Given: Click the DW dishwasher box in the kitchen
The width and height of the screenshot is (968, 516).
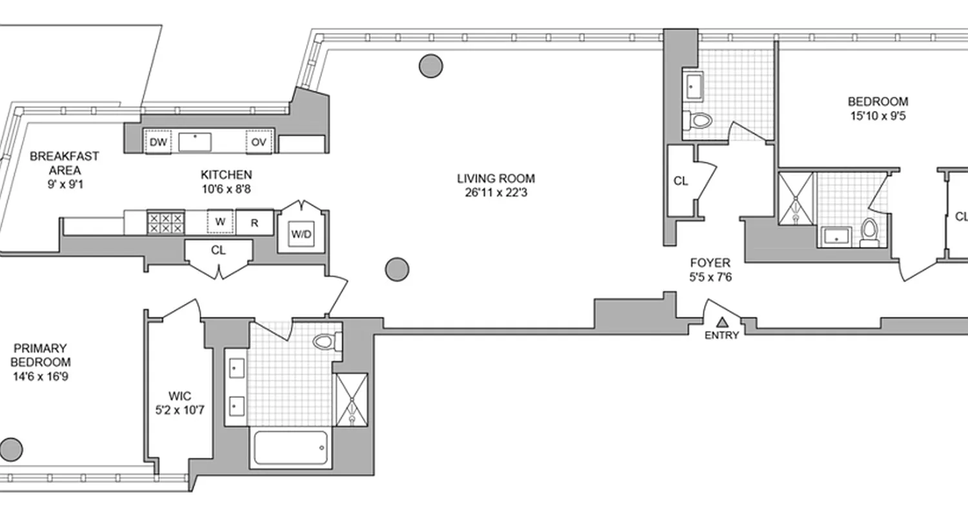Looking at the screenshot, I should point(157,142).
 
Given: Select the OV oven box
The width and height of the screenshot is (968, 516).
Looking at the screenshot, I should point(259,142).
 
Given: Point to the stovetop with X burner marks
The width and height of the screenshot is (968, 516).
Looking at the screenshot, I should point(166,223).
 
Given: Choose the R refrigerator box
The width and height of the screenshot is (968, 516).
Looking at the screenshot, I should point(254,223).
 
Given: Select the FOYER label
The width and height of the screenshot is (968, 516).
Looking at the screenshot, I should point(710,263).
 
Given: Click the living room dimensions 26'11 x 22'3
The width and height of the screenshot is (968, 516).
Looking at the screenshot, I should point(496,192).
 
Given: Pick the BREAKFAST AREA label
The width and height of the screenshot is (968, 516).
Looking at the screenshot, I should point(64,163).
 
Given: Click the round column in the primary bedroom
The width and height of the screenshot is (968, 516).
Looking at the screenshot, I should point(12,448).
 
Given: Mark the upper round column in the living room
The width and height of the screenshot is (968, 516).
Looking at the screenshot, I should point(431,65).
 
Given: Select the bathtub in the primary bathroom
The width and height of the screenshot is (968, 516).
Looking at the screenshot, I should point(290,447).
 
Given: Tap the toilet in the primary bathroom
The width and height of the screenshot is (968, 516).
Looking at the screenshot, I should point(327,341).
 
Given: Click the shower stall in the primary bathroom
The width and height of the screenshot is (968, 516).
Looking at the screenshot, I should point(352,399).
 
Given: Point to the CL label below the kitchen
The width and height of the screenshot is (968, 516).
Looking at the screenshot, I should point(218,250).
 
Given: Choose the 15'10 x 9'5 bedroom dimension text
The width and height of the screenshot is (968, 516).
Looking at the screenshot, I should point(878,117).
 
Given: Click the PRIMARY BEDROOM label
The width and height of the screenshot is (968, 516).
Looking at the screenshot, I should point(40,354).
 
